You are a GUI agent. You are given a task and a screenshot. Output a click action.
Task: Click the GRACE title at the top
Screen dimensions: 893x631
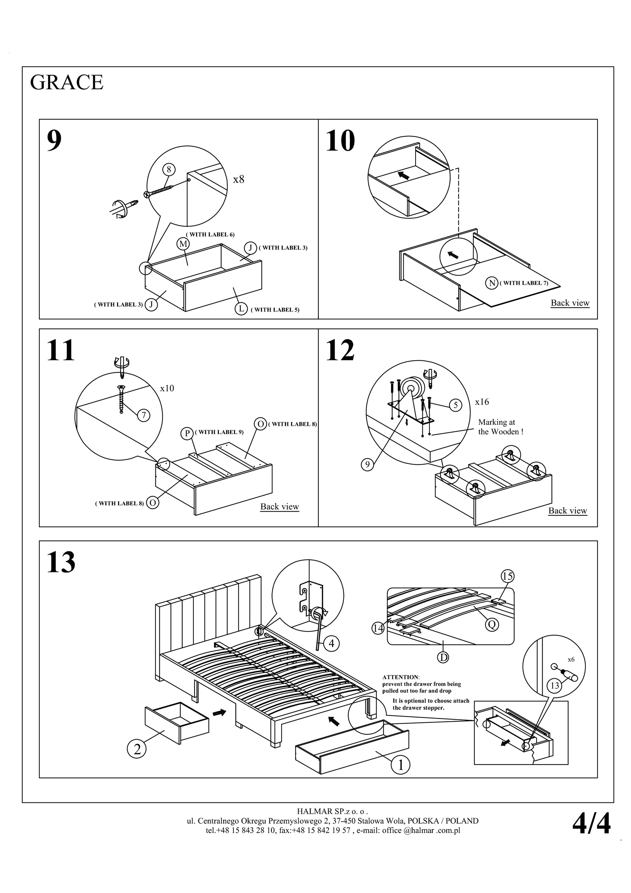pyautogui.click(x=66, y=82)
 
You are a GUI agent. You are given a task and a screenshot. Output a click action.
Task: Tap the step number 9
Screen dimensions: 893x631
pyautogui.click(x=54, y=140)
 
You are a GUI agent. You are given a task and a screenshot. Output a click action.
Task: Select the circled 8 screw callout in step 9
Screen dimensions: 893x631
pyautogui.click(x=169, y=170)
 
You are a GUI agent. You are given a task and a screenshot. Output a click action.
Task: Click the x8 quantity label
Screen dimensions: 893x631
pyautogui.click(x=238, y=179)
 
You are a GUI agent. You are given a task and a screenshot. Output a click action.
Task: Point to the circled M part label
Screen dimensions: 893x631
pyautogui.click(x=183, y=244)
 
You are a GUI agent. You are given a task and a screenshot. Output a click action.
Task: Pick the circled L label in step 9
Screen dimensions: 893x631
pyautogui.click(x=241, y=309)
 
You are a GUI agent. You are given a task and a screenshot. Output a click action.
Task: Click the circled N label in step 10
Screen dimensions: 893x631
pyautogui.click(x=492, y=283)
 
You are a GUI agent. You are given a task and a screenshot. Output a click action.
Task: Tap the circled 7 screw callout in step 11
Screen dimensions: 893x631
pyautogui.click(x=143, y=416)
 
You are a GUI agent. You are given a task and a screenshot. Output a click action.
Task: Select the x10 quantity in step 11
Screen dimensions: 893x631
pyautogui.click(x=167, y=388)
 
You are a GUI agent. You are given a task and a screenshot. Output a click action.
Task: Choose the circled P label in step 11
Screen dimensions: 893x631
pyautogui.click(x=187, y=433)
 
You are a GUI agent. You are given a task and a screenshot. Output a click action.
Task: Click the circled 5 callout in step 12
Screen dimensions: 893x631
pyautogui.click(x=456, y=405)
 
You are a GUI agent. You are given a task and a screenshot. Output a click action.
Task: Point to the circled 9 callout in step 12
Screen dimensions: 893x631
pyautogui.click(x=367, y=465)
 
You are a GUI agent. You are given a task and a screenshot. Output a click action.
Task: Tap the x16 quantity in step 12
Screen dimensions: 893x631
pyautogui.click(x=482, y=402)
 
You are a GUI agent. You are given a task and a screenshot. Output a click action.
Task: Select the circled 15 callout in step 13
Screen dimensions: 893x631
pyautogui.click(x=507, y=576)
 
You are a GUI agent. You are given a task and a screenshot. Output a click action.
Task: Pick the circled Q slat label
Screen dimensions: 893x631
pyautogui.click(x=492, y=625)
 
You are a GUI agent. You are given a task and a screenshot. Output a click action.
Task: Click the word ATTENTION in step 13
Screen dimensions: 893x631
pyautogui.click(x=400, y=677)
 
